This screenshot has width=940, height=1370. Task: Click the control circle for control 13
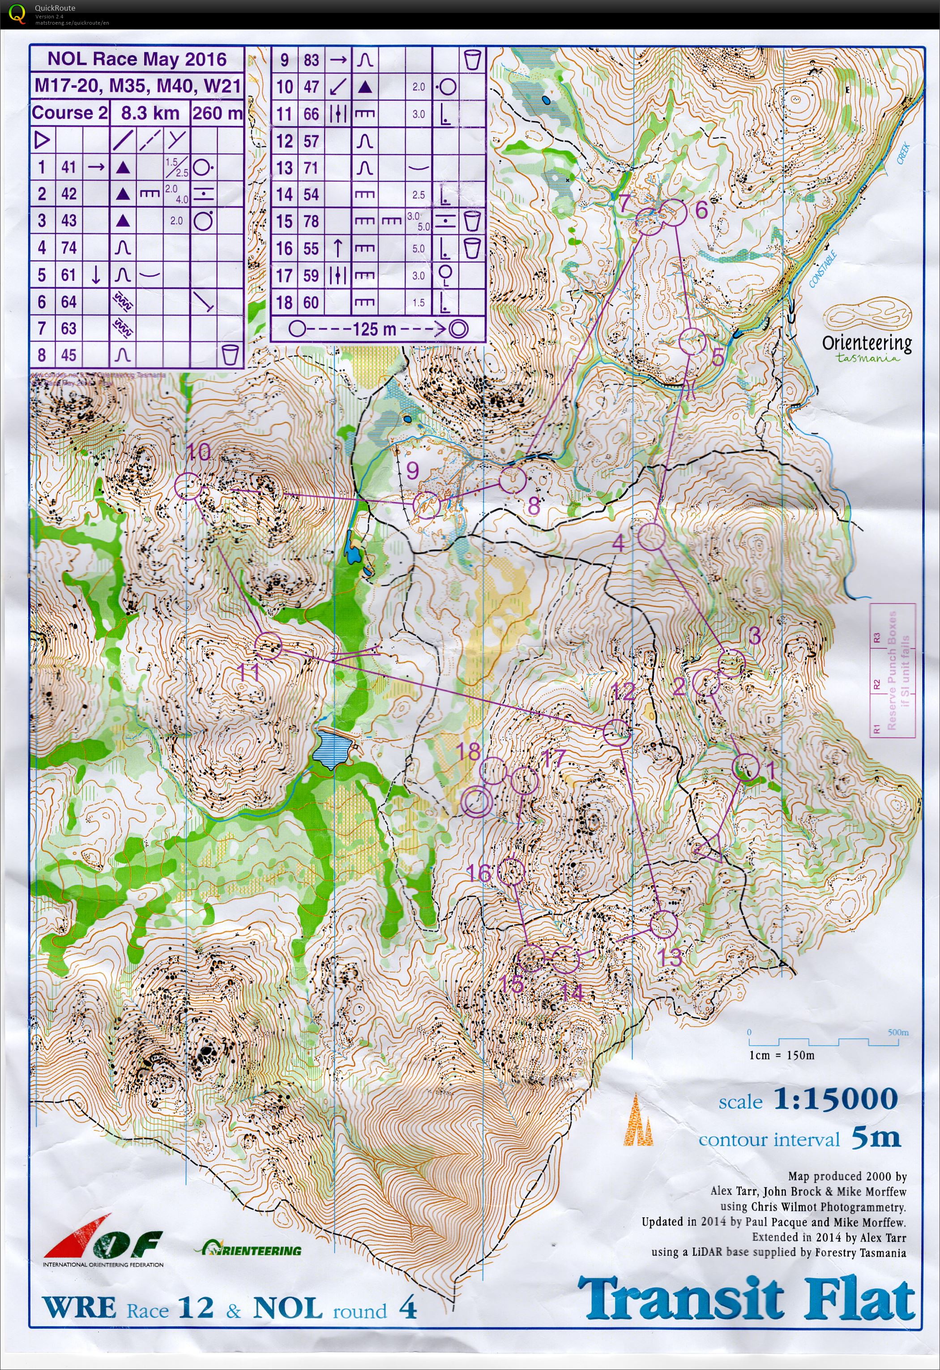pos(664,924)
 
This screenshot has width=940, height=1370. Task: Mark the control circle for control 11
pos(268,645)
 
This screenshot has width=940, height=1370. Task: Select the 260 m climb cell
pos(217,112)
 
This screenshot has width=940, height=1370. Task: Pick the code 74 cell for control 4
pos(69,248)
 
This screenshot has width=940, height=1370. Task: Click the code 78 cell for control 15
pos(311,222)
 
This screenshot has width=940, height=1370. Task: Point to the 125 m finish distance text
pos(374,329)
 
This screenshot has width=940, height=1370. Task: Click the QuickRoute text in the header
pos(55,8)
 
